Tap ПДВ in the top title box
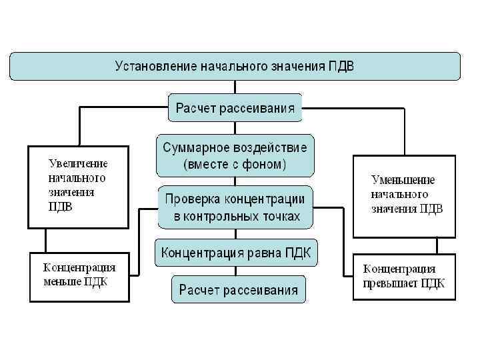[342, 66]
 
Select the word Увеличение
[77, 163]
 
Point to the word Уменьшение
[403, 179]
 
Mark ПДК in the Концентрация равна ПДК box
[301, 253]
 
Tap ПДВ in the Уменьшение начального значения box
[430, 209]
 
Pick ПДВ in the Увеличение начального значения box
[60, 206]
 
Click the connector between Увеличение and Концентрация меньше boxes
[45, 241]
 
